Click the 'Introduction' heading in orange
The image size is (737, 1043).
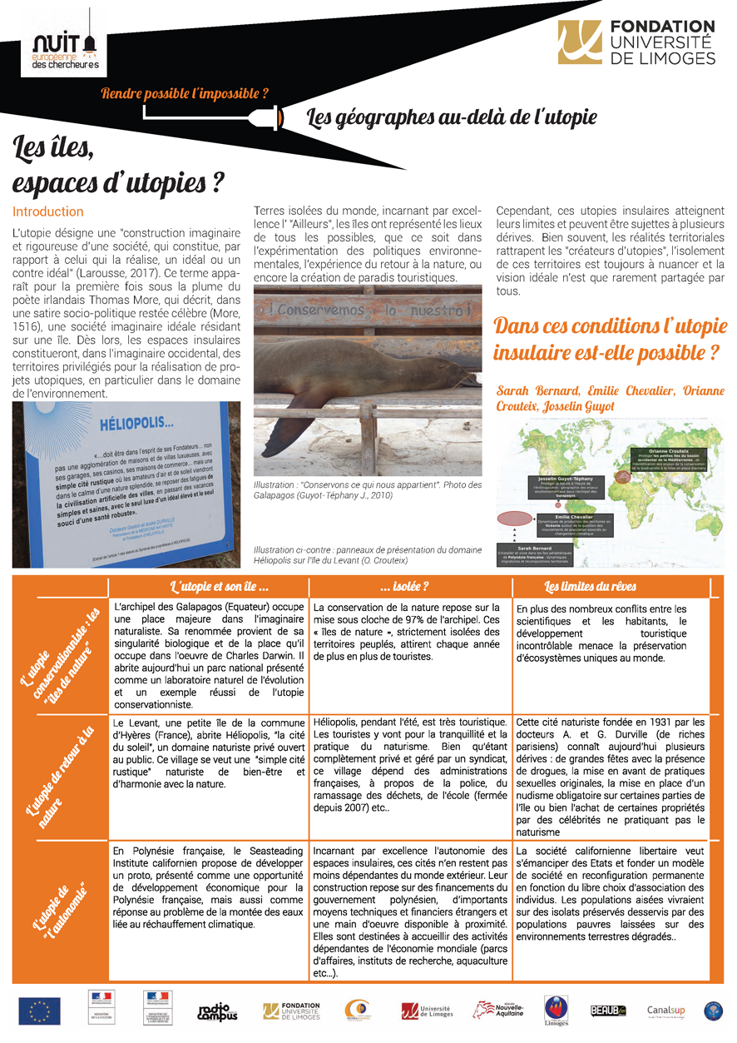pyautogui.click(x=48, y=211)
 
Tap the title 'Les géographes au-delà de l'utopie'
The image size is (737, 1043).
pyautogui.click(x=452, y=117)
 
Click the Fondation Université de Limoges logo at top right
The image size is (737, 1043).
pyautogui.click(x=637, y=42)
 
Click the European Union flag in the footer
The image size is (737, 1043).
pyautogui.click(x=39, y=1011)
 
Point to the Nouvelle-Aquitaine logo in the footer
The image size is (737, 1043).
pyautogui.click(x=499, y=1011)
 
